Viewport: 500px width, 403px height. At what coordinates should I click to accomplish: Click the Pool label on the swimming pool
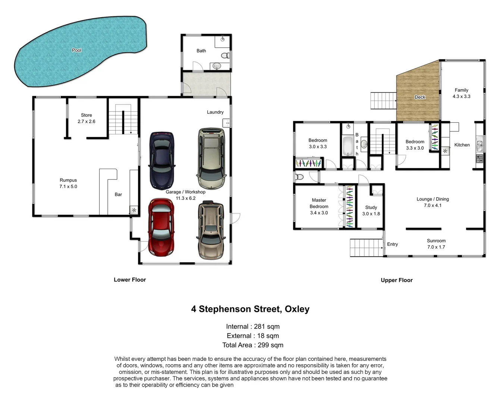(x=76, y=50)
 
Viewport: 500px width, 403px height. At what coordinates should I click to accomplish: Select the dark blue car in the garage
(x=162, y=160)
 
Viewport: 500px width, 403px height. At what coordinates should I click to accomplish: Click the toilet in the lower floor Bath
(x=225, y=56)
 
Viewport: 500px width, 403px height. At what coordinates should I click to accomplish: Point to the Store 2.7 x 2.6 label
(x=87, y=118)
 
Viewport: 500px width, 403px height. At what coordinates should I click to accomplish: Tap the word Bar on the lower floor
(x=118, y=194)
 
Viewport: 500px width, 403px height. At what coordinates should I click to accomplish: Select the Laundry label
(x=215, y=112)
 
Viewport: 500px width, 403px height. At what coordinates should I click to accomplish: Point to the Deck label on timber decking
(x=420, y=97)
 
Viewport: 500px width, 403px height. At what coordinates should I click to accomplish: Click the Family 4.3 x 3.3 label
(x=461, y=93)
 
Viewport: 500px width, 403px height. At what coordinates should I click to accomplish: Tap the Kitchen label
(x=462, y=145)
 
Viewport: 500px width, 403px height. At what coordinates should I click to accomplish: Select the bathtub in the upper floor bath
(x=348, y=146)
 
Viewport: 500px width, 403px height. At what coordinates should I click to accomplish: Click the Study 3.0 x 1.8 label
(x=371, y=210)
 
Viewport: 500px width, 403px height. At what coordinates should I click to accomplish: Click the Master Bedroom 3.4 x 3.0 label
(x=319, y=206)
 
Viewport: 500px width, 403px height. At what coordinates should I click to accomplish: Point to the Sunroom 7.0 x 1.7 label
(x=436, y=244)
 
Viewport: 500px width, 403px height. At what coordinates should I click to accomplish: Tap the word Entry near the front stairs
(x=392, y=244)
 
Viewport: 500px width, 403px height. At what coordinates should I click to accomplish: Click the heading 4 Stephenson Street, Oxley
(x=250, y=309)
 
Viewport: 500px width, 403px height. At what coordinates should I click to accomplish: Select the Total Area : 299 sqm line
(x=253, y=345)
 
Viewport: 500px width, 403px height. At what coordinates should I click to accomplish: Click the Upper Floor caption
(x=396, y=280)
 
